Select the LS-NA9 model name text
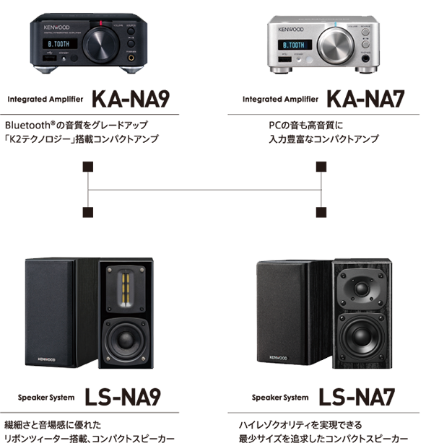[x=122, y=397]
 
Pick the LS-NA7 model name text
[x=357, y=397]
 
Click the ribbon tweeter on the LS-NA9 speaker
[x=126, y=286]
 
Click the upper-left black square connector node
[x=88, y=167]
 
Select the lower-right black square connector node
[x=320, y=212]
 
